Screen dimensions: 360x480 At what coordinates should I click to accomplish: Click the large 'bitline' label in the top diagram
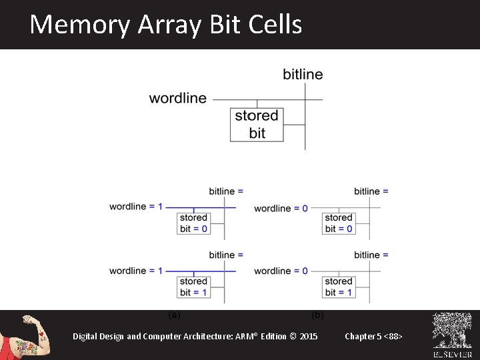303,74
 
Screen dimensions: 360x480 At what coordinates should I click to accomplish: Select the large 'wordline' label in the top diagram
178,99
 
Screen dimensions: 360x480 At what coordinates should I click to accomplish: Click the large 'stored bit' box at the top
257,125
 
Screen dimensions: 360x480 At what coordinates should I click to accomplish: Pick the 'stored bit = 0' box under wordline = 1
194,223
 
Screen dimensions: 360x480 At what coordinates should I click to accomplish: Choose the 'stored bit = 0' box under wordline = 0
339,223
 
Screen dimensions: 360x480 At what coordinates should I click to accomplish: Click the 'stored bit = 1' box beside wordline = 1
194,287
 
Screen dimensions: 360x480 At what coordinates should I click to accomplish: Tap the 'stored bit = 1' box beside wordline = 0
339,287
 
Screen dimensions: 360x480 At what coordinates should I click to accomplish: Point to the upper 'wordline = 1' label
136,207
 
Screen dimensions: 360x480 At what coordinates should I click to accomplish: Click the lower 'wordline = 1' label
136,271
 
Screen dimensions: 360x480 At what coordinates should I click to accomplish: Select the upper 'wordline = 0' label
281,208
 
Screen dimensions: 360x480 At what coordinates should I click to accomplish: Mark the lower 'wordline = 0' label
281,271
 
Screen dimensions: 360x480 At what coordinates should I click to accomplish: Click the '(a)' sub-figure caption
173,314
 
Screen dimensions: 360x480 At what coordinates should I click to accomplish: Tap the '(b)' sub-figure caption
318,314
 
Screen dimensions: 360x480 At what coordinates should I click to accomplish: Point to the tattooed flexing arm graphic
27,335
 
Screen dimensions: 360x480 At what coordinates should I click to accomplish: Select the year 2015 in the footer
309,336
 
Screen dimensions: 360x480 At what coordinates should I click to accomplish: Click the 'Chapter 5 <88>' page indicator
373,336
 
